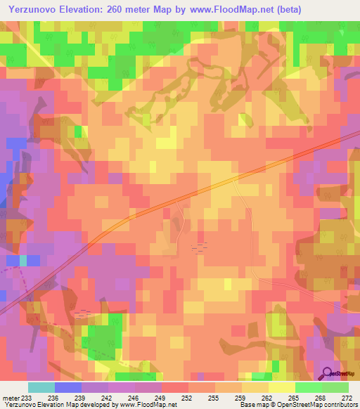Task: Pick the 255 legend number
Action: point(202,397)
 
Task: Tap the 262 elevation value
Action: point(256,397)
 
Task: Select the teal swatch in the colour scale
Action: point(41,387)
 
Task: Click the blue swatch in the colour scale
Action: point(67,387)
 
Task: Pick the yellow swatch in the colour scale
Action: point(281,387)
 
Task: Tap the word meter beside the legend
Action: point(12,397)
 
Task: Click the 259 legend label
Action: point(229,397)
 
